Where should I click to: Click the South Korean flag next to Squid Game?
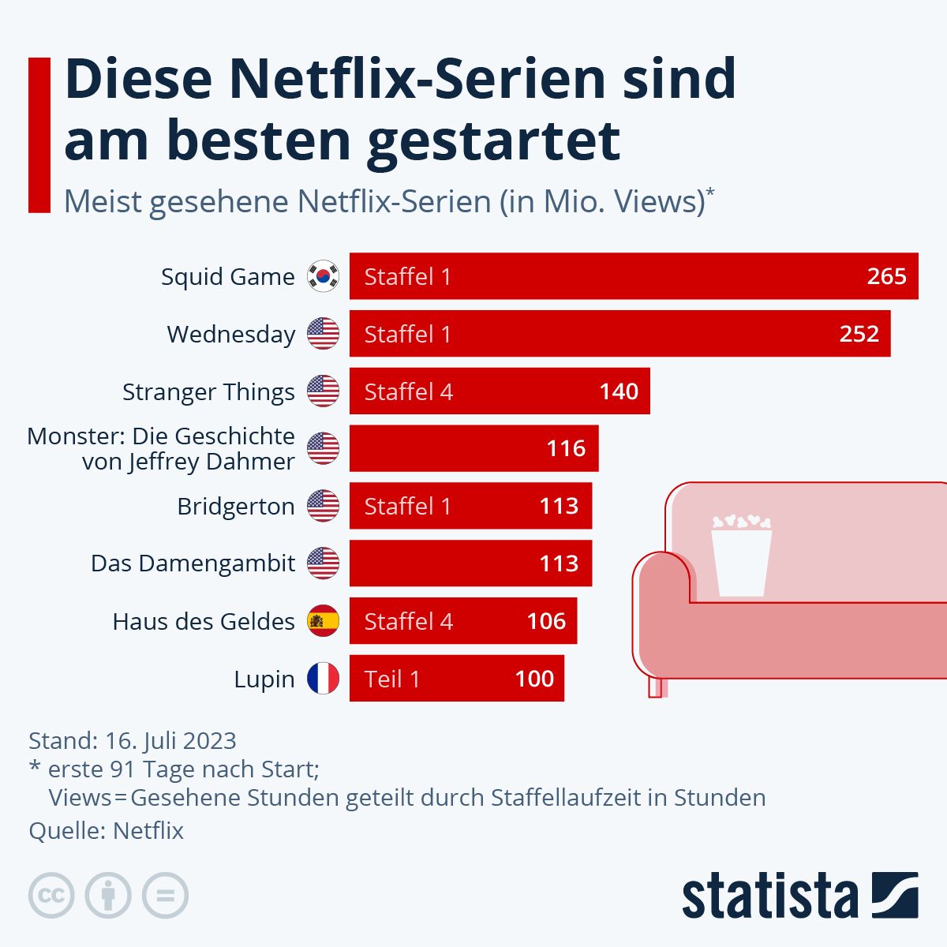pos(323,276)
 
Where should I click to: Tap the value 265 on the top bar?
pos(886,276)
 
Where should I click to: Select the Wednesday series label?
pos(230,334)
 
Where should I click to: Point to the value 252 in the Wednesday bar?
pos(859,334)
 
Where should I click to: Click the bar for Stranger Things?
pos(499,391)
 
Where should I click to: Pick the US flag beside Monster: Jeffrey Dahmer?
pos(323,448)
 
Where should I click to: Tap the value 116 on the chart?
pos(566,448)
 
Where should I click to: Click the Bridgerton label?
pos(235,506)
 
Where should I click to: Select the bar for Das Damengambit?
pos(470,563)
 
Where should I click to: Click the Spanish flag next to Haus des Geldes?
pos(323,621)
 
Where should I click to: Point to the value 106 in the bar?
pos(546,621)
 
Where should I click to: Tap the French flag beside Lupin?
pos(323,679)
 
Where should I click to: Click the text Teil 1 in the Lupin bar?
pos(392,679)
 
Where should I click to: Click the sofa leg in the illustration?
pos(655,687)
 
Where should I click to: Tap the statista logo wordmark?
pos(769,896)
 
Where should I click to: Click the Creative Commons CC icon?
pos(51,896)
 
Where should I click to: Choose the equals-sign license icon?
pos(165,896)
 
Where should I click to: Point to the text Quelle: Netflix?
pos(106,830)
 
